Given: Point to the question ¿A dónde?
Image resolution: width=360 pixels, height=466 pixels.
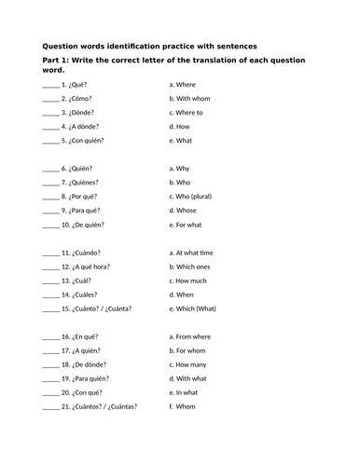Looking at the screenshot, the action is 84,126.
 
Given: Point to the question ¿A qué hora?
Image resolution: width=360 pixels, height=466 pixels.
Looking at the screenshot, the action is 90,267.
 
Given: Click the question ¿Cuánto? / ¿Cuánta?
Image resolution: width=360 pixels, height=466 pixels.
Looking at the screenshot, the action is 103,308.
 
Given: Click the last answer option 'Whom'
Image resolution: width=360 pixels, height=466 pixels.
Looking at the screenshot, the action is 191,407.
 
